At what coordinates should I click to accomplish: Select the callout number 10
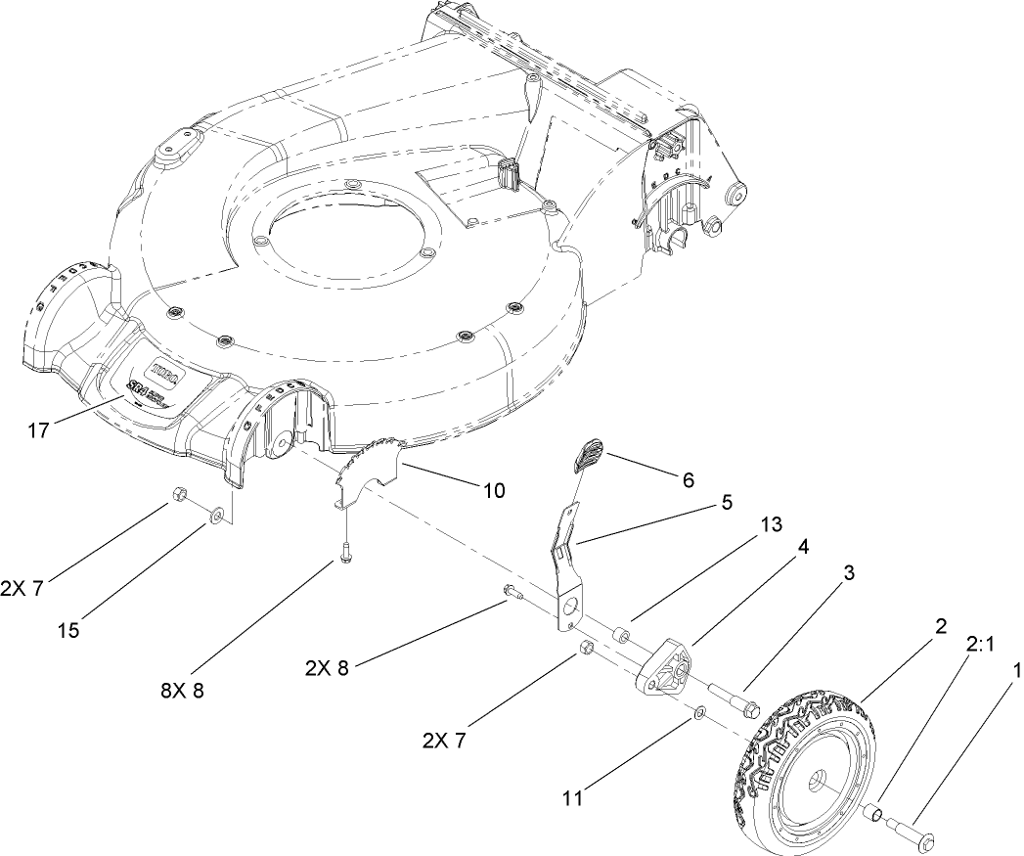[494, 489]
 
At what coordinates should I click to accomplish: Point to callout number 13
[771, 524]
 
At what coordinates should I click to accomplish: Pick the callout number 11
[573, 798]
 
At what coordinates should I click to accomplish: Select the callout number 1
[1016, 673]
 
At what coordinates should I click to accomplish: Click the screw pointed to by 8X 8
[345, 552]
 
